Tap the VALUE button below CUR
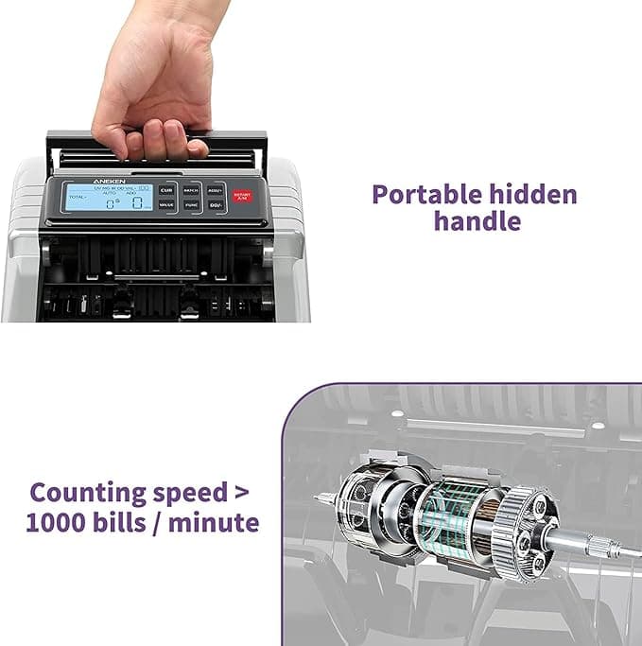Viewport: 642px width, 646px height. (166, 204)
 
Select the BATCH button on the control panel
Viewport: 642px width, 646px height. (192, 189)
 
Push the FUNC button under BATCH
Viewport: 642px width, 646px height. (192, 204)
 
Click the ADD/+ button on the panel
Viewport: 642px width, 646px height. (216, 189)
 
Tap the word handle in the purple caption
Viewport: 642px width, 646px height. (477, 221)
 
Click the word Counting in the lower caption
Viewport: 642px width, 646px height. (88, 493)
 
